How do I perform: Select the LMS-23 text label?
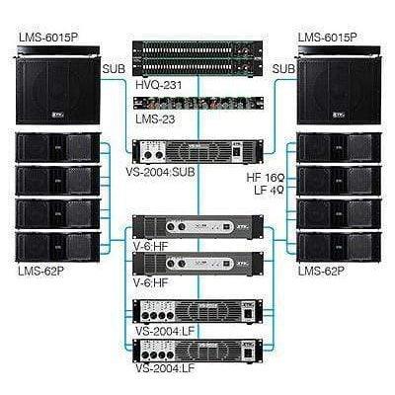pos(155,119)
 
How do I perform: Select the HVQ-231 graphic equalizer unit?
pos(197,58)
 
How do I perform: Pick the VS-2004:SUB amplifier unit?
pos(197,151)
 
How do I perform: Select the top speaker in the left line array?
pos(58,148)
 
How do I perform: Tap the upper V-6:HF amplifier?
pos(197,225)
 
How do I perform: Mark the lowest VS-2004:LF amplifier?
pos(197,351)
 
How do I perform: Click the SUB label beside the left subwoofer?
pos(115,70)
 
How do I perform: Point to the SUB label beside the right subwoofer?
pos(283,70)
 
